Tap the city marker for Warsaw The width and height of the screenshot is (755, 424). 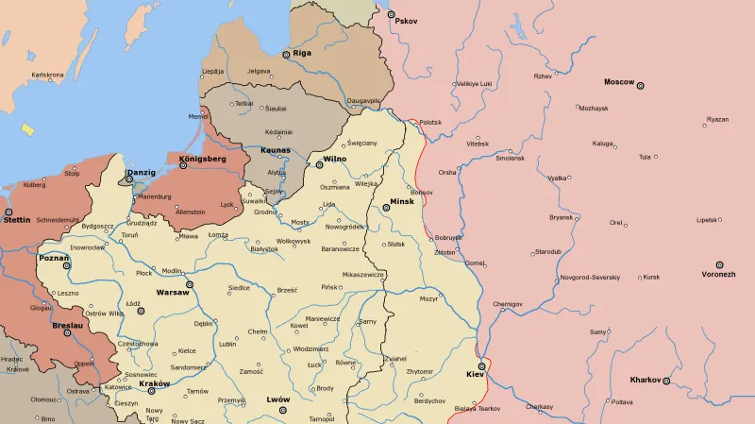[x=190, y=283]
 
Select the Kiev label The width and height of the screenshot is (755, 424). [x=474, y=375]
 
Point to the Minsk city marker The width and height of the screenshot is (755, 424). [x=385, y=208]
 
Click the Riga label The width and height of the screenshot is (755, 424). [x=302, y=53]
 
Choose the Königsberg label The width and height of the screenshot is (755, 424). [x=202, y=160]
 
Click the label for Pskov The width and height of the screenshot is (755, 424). [x=406, y=21]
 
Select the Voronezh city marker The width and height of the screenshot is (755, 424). [x=719, y=264]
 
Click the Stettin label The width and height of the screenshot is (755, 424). [x=17, y=220]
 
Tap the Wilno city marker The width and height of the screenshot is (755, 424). [x=320, y=165]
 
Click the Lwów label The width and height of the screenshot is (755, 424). [x=277, y=399]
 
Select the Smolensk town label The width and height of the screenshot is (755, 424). [x=510, y=158]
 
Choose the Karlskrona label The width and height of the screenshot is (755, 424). [x=47, y=74]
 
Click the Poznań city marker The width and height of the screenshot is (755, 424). [x=66, y=266]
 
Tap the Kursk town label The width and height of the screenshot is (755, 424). [x=651, y=278]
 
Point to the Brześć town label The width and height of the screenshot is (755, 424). [x=287, y=290]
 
